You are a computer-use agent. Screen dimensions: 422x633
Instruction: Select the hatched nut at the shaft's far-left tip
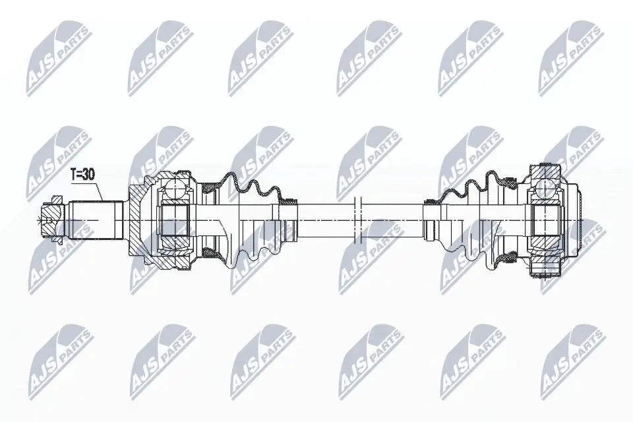(50, 214)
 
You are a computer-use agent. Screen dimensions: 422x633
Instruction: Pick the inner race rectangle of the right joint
(545, 218)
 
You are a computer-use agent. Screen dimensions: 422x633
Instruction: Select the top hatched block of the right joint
(545, 169)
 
